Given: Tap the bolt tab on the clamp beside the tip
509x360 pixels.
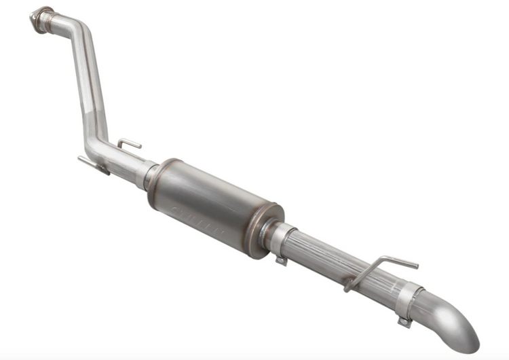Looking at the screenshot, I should point(404,320).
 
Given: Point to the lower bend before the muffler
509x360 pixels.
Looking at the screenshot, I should point(102,147).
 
